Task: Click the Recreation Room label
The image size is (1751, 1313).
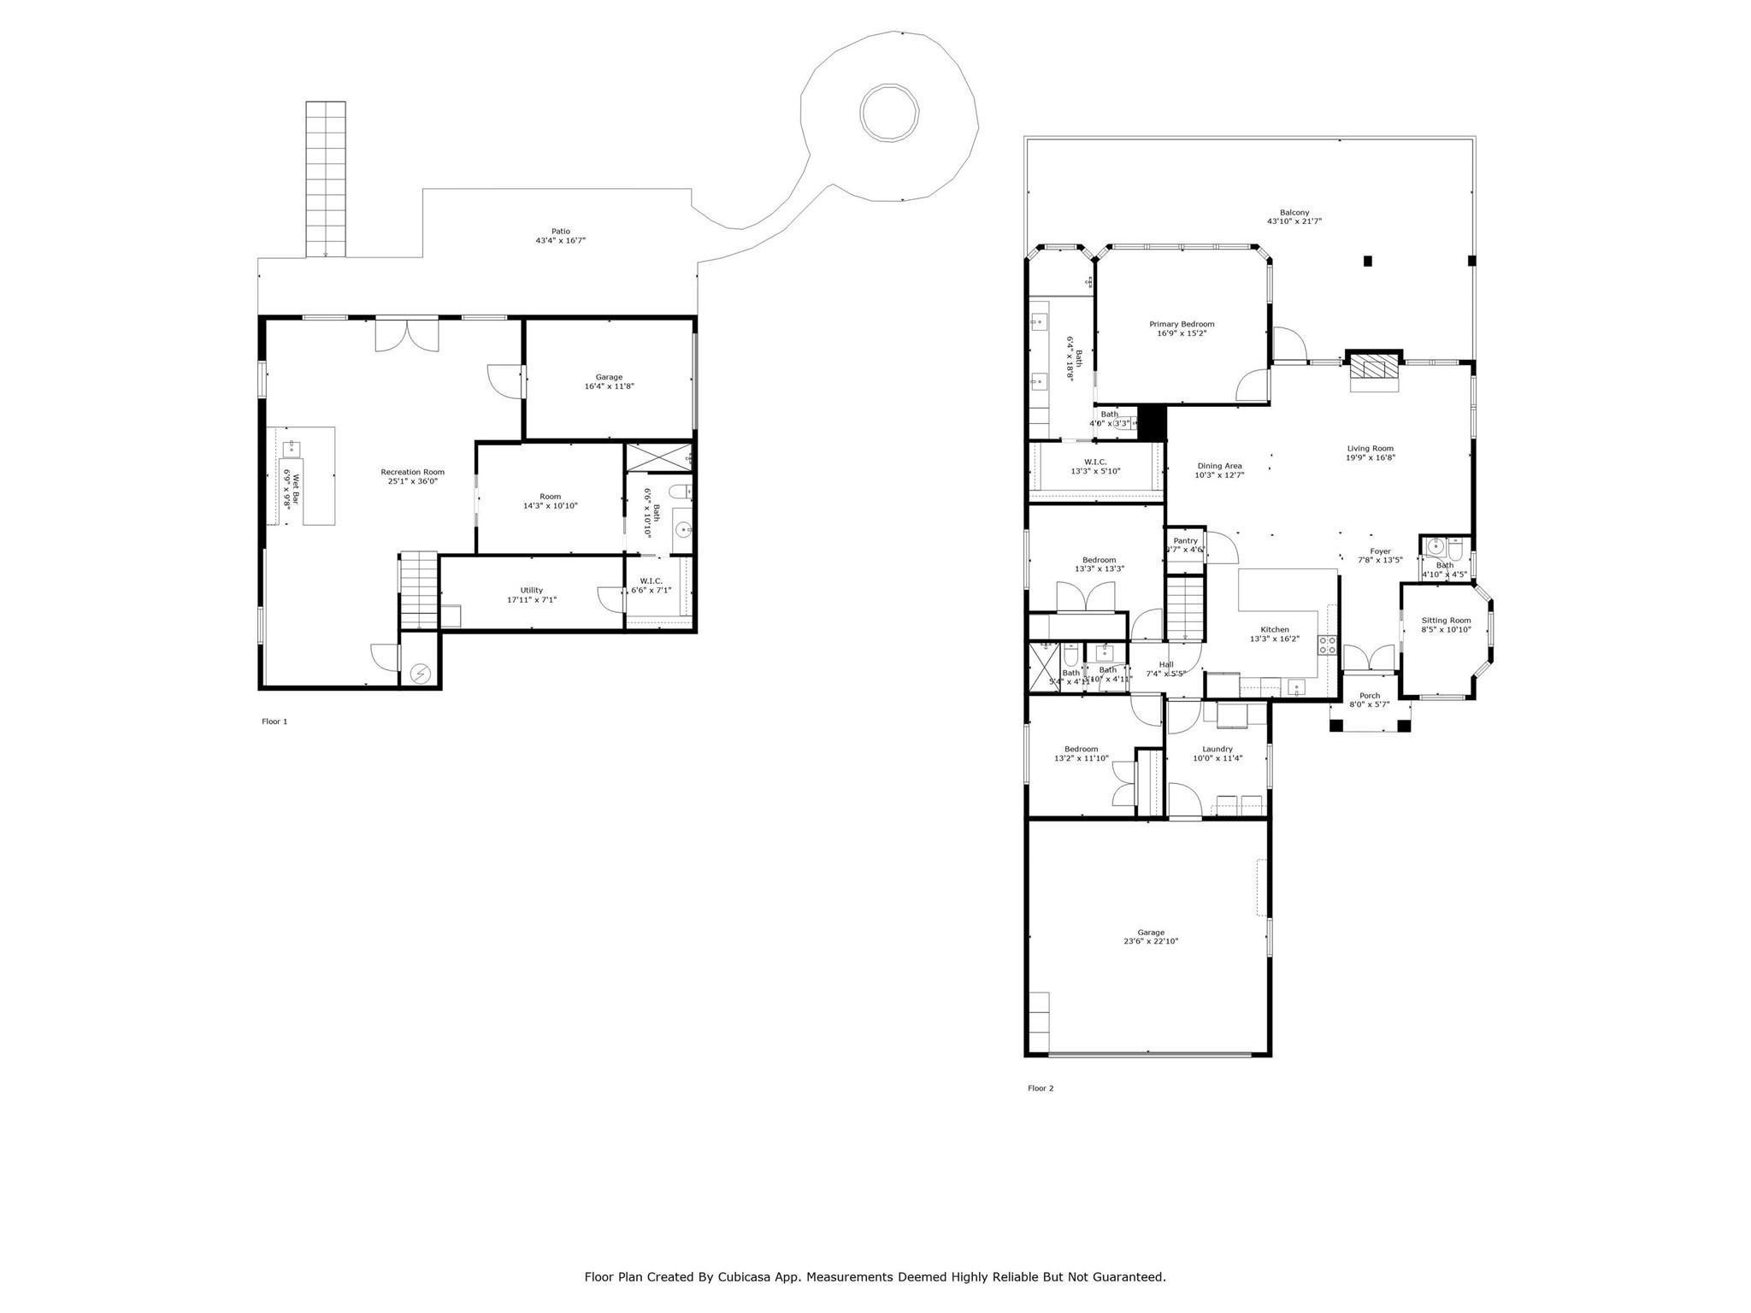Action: click(x=412, y=472)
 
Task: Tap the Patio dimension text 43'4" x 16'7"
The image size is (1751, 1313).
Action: click(x=560, y=241)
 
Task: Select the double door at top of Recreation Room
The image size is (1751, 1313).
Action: click(x=407, y=333)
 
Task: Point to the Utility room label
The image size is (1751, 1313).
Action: click(x=531, y=590)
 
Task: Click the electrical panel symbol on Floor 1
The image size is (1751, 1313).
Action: click(x=421, y=674)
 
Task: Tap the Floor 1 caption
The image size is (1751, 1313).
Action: click(x=274, y=721)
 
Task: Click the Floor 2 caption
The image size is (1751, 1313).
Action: click(x=1041, y=1088)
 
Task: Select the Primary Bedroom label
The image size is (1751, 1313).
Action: click(x=1182, y=324)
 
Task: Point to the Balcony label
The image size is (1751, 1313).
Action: click(x=1294, y=213)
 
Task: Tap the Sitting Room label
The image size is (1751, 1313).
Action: click(x=1446, y=621)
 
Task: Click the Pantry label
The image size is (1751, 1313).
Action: click(x=1185, y=540)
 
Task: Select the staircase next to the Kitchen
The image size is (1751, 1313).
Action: click(x=1185, y=607)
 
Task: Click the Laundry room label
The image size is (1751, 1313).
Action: click(x=1217, y=749)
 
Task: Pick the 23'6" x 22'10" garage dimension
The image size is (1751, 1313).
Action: click(x=1150, y=941)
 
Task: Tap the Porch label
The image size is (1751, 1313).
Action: click(x=1369, y=696)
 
